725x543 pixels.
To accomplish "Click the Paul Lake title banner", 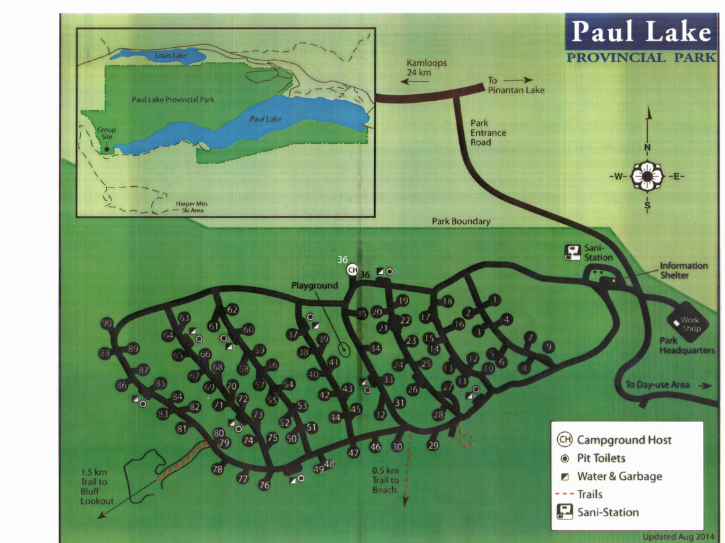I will tap(640, 32).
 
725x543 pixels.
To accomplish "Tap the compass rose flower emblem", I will tap(647, 177).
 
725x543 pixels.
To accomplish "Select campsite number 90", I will tap(107, 324).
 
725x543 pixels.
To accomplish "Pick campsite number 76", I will tap(264, 485).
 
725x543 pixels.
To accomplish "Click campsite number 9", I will tap(548, 347).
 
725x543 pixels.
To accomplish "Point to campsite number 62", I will tap(232, 310).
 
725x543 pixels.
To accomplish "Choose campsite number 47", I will tap(353, 453).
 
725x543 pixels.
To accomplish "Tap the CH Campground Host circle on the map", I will tap(352, 270).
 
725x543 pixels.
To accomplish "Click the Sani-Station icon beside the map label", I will tap(572, 253).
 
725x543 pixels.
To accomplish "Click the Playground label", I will tap(314, 286).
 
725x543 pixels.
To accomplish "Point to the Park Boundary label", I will tap(461, 221).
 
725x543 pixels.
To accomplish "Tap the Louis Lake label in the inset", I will tap(171, 55).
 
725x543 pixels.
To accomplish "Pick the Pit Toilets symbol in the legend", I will tap(565, 458).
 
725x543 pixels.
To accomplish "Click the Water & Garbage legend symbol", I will tap(565, 476).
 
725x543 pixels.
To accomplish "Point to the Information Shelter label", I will tap(683, 270).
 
